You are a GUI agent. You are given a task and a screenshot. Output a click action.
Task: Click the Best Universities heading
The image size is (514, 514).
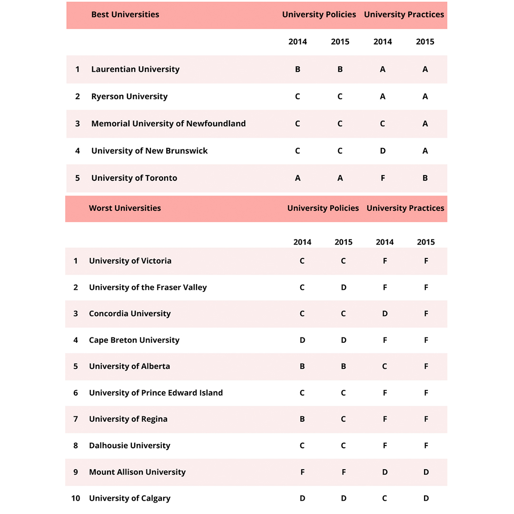(x=125, y=14)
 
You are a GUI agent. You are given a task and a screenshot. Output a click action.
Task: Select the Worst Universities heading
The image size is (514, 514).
(x=125, y=208)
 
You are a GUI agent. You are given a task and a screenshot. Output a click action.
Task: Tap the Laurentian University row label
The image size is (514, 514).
(x=135, y=69)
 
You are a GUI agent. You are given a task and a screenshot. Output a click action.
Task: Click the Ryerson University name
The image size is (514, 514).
(x=129, y=96)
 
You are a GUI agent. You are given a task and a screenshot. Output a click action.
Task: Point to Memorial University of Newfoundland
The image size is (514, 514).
(x=168, y=123)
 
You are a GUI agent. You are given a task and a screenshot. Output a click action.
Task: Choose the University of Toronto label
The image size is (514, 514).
(x=134, y=178)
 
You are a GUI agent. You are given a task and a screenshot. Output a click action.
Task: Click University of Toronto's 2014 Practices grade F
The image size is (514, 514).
(x=383, y=178)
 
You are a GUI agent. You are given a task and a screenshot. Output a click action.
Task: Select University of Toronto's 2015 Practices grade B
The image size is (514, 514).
(x=425, y=178)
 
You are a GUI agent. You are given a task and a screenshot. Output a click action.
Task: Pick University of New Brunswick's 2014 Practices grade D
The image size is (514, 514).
(x=383, y=151)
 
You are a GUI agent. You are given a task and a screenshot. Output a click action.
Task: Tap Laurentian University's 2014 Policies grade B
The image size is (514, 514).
(x=297, y=69)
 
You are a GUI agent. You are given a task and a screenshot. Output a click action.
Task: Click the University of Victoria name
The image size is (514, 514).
(x=130, y=261)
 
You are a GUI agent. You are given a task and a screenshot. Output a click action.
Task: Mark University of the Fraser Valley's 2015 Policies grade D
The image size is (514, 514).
(x=344, y=287)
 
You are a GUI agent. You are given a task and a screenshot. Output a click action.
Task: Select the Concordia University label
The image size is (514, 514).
(x=129, y=314)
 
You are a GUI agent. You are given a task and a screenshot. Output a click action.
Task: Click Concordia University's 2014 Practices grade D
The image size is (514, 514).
(x=385, y=314)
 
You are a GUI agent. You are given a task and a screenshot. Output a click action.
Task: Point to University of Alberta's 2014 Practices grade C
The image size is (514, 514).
(x=385, y=366)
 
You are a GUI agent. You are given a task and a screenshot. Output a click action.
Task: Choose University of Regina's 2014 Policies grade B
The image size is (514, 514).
(x=302, y=419)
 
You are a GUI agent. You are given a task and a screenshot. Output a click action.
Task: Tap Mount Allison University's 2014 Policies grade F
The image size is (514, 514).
(x=302, y=472)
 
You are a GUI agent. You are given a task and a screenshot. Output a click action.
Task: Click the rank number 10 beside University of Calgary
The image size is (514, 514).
(x=76, y=498)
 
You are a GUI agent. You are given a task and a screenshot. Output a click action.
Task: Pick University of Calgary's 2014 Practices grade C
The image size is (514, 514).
(x=385, y=498)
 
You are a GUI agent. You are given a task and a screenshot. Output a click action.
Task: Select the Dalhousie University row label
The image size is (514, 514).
(x=129, y=445)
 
